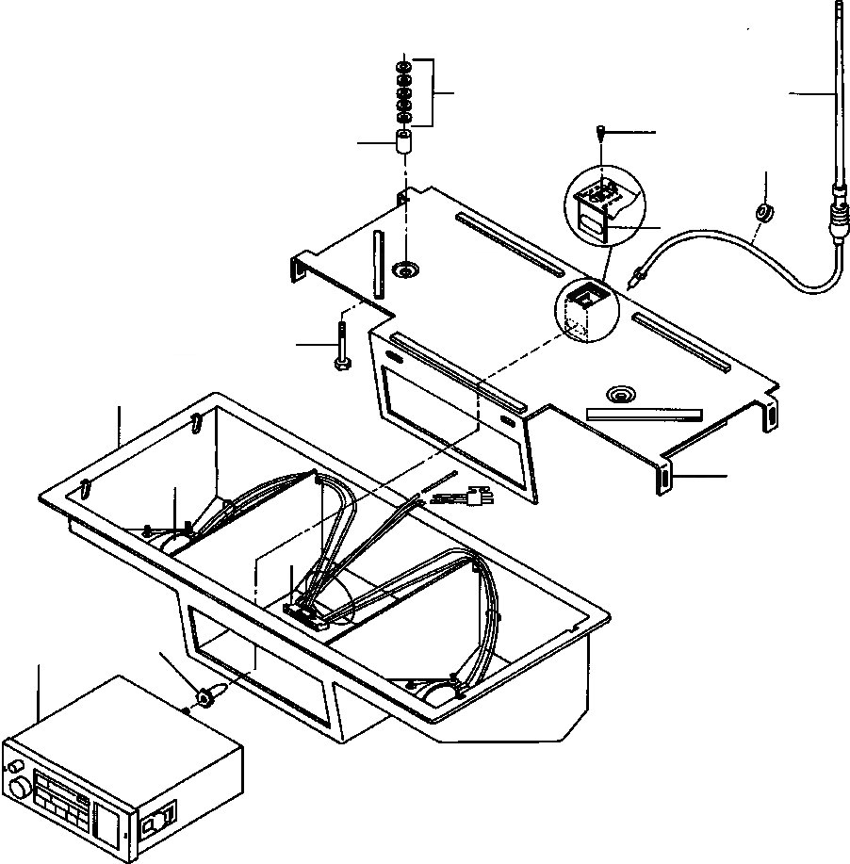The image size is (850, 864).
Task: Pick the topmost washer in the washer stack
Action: click(x=403, y=68)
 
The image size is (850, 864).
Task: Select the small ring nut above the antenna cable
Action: click(x=764, y=212)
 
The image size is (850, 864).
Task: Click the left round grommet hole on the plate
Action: click(x=407, y=270)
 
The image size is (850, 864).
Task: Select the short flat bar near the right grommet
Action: click(x=645, y=412)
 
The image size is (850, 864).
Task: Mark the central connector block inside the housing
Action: click(x=307, y=613)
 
